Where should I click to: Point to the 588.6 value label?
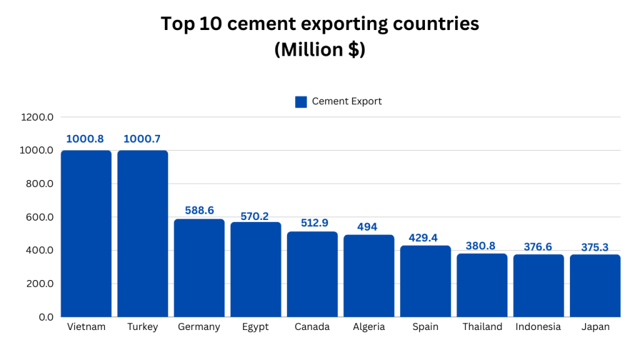(199, 210)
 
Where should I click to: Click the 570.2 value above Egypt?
(255, 216)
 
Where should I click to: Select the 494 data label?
(367, 226)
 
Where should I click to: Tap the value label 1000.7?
(142, 139)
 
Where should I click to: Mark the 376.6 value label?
(538, 247)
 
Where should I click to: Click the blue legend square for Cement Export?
(301, 102)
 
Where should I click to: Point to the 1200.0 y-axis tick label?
(37, 117)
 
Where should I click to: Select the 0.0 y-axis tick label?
(46, 317)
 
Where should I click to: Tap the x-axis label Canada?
(312, 327)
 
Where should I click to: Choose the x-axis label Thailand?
(482, 327)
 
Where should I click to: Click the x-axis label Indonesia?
(538, 327)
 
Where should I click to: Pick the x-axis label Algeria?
(368, 327)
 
